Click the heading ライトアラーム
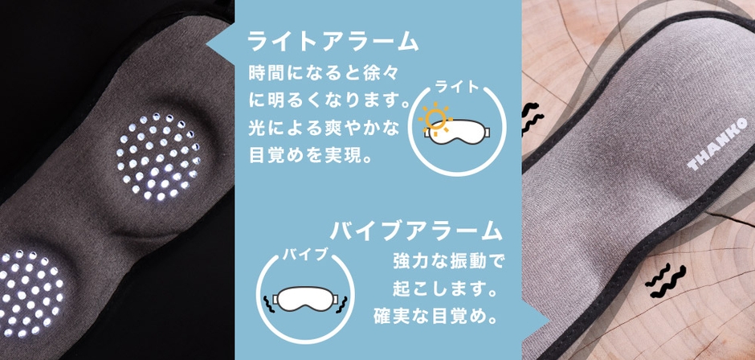click(333, 43)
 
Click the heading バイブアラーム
click(416, 231)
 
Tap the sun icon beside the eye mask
click(435, 117)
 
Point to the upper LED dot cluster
click(158, 156)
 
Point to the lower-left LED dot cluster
click(30, 293)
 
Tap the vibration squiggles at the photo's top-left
click(532, 118)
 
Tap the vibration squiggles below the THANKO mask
click(665, 281)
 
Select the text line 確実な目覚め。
click(435, 317)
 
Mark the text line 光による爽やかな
click(324, 129)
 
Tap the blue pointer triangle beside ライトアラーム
click(221, 45)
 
